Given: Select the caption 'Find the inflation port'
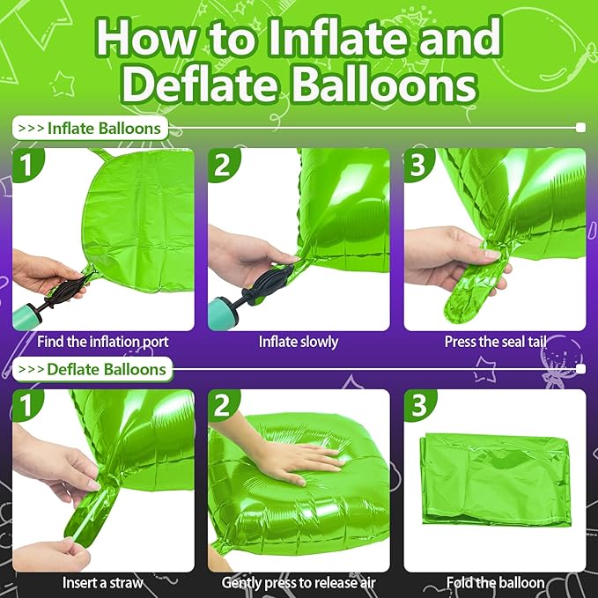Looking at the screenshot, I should (x=103, y=341).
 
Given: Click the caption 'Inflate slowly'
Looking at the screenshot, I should (x=299, y=341).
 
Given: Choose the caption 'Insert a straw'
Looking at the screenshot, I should (x=103, y=582).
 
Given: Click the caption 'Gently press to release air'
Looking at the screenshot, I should (x=299, y=582).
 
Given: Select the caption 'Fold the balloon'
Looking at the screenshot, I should (x=494, y=582).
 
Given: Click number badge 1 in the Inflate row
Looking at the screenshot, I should (x=30, y=165).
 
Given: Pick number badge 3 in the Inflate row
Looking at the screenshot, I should (x=420, y=165).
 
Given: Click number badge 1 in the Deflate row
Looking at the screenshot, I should (x=30, y=406).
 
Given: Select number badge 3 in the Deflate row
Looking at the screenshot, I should (x=420, y=406).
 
